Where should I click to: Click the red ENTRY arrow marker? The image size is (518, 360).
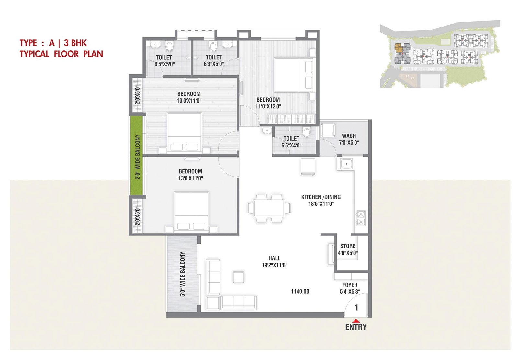[356, 321]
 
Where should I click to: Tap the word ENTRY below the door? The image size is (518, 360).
[356, 327]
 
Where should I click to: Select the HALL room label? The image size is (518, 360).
[275, 258]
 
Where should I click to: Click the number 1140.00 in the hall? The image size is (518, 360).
[300, 292]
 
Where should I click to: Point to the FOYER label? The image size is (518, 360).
[350, 285]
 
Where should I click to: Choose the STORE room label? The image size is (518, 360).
[348, 246]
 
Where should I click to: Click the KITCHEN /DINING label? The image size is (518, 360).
[321, 197]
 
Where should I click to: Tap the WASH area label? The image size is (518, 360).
[349, 136]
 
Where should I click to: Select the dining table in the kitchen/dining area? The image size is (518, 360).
[269, 208]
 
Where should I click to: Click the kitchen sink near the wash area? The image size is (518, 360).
[346, 164]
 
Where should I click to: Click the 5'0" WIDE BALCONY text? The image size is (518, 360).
[183, 274]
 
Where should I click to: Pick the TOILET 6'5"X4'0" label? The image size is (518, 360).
[291, 142]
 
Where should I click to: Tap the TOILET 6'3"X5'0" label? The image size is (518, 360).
[214, 60]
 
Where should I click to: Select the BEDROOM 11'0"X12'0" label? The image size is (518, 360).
[268, 103]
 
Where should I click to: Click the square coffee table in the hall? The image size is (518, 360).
[238, 277]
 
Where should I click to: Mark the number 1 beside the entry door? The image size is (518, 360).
[356, 307]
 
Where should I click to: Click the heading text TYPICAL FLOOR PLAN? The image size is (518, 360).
[61, 54]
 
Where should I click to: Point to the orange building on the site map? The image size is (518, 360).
[399, 48]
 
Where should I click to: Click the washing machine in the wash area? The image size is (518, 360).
[328, 131]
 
